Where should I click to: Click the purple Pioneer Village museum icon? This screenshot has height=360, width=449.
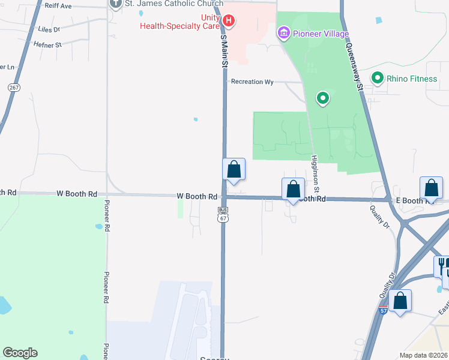pyautogui.click(x=283, y=32)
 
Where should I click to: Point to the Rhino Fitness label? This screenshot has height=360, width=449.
pyautogui.click(x=411, y=78)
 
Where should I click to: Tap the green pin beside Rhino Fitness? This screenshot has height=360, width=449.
pyautogui.click(x=378, y=78)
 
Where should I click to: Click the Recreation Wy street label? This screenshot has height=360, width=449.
pyautogui.click(x=252, y=82)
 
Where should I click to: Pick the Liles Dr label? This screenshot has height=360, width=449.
pyautogui.click(x=49, y=29)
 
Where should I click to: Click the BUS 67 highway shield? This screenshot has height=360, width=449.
pyautogui.click(x=223, y=215)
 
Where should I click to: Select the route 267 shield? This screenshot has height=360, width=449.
pyautogui.click(x=14, y=87)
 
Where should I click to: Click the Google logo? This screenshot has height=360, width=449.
pyautogui.click(x=20, y=353)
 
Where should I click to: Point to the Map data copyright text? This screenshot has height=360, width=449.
pyautogui.click(x=424, y=355)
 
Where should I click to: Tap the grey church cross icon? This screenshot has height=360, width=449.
pyautogui.click(x=115, y=4)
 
